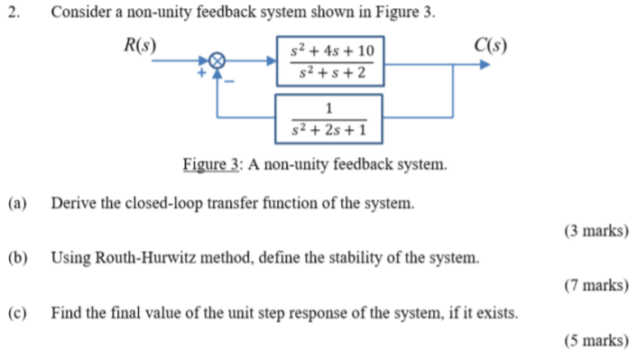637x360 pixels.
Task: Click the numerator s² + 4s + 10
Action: pos(330,51)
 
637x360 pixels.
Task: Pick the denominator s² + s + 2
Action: pos(330,72)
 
